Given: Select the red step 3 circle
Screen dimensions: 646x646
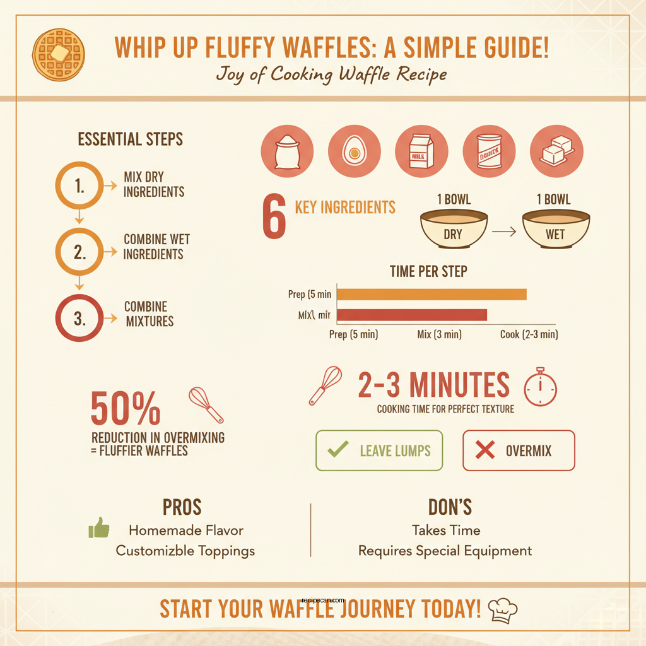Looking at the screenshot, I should click(79, 319).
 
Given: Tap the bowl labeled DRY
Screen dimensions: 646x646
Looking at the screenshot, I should click(453, 228).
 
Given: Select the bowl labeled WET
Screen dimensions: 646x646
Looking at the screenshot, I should click(556, 228).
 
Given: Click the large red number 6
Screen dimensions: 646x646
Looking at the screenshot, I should click(274, 218).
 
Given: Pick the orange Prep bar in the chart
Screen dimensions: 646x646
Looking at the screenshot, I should click(432, 294).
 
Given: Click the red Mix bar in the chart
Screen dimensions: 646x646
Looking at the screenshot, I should click(412, 315).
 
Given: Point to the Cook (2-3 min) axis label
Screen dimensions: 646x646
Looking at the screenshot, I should click(529, 334).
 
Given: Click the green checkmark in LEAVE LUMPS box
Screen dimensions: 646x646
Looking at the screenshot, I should click(339, 450).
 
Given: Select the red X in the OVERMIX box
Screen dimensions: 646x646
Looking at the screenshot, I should click(484, 450).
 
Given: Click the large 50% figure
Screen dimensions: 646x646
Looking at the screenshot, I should click(125, 409).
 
